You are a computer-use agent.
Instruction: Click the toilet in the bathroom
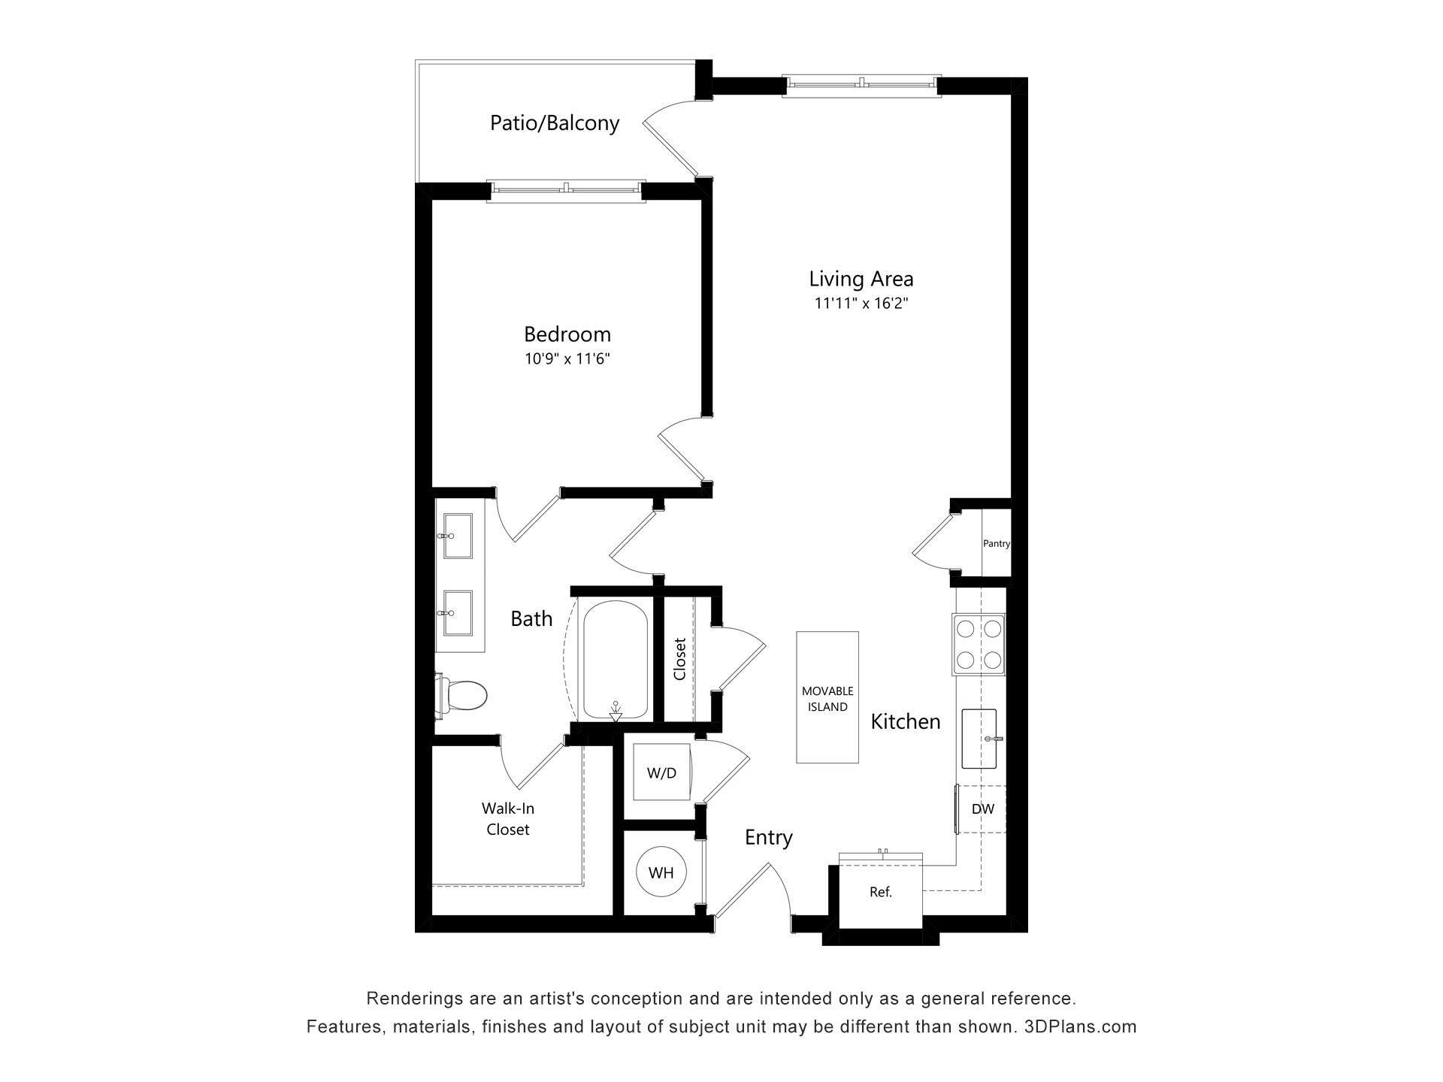click(x=463, y=695)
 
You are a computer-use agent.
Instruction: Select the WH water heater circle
click(x=661, y=872)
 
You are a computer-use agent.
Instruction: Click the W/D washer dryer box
click(x=661, y=772)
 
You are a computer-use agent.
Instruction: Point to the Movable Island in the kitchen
click(x=827, y=697)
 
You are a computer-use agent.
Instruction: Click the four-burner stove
click(x=979, y=644)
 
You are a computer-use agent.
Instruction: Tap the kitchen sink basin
click(x=979, y=739)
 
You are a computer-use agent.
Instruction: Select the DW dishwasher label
click(x=982, y=809)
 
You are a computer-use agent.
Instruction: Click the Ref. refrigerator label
click(x=880, y=893)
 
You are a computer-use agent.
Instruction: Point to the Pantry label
click(x=997, y=543)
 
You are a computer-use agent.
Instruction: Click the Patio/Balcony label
click(x=555, y=122)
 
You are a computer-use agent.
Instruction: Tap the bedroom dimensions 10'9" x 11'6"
click(x=567, y=359)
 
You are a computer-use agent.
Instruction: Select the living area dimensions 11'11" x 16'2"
click(x=861, y=304)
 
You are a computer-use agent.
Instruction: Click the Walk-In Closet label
click(x=508, y=819)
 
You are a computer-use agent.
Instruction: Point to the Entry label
click(x=768, y=837)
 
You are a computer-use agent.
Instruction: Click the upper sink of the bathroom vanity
click(x=458, y=536)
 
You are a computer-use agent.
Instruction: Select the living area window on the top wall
click(x=861, y=85)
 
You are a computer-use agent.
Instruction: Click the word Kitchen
click(x=906, y=721)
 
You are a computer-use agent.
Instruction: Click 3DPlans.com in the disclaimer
click(x=1080, y=1026)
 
